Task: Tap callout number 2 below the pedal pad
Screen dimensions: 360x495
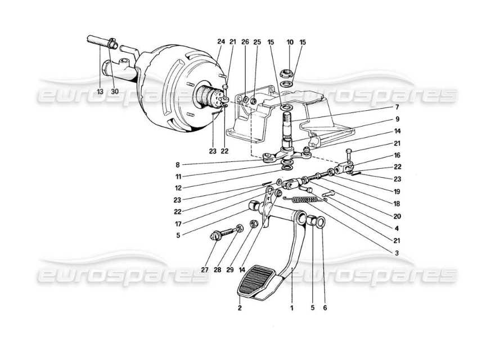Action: (x=240, y=308)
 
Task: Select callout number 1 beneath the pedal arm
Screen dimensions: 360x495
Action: (x=292, y=308)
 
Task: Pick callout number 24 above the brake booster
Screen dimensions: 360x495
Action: (x=220, y=42)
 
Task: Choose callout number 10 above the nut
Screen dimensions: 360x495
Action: (x=290, y=42)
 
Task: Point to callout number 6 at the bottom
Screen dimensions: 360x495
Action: (x=325, y=308)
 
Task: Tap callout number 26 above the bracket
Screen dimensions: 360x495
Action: (x=245, y=42)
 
